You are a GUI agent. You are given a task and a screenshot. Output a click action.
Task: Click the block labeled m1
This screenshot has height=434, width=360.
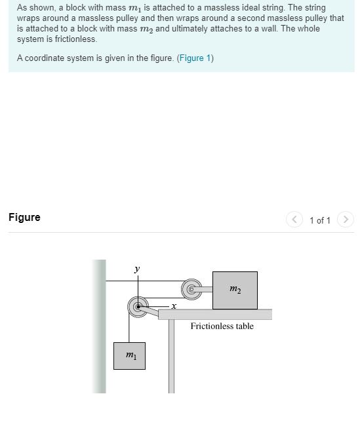tap(129, 355)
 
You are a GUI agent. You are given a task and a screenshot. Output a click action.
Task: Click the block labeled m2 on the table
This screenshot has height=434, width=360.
tap(235, 289)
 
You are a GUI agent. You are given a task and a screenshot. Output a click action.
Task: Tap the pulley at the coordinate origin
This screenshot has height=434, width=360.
tap(138, 306)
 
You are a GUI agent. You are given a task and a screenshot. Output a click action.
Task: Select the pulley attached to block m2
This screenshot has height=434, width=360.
tap(191, 288)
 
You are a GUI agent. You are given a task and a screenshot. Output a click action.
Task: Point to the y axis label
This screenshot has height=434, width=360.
tap(137, 269)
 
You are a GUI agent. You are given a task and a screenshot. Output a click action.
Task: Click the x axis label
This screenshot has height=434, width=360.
tap(174, 306)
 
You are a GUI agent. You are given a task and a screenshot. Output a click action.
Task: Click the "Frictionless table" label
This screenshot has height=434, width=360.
tap(222, 326)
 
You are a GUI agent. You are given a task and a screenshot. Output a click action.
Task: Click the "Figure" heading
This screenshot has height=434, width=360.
tap(24, 217)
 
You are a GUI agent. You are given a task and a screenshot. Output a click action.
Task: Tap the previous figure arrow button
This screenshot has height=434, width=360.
tap(294, 220)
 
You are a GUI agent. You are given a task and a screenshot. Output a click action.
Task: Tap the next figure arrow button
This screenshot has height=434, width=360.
tap(346, 220)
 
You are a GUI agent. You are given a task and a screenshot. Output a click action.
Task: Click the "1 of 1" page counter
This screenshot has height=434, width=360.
tap(320, 220)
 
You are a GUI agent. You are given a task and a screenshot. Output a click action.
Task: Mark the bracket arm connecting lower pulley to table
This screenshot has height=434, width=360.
tap(154, 311)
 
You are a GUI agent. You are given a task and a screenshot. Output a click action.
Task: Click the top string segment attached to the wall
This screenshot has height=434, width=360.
tap(144, 281)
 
